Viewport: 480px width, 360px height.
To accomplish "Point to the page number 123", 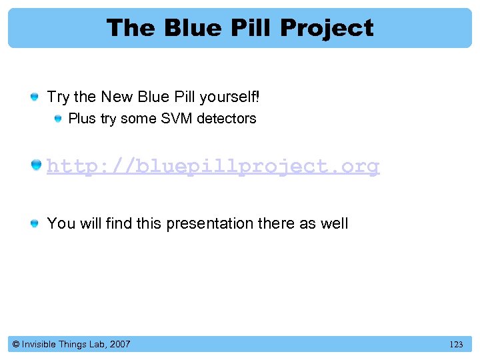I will coord(456,345).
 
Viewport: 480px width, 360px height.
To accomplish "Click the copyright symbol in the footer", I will coord(15,345).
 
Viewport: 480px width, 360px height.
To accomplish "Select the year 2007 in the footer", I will coord(119,345).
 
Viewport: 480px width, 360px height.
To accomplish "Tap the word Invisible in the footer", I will coord(39,345).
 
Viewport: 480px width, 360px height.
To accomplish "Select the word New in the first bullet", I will coord(117,97).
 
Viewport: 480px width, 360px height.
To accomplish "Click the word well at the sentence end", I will coord(334,223).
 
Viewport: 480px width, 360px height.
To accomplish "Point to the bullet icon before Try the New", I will coord(34,98).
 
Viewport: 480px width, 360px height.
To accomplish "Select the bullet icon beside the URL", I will coord(35,165).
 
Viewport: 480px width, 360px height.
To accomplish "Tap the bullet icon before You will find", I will coord(34,224).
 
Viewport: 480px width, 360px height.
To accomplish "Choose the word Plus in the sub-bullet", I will coord(82,119).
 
